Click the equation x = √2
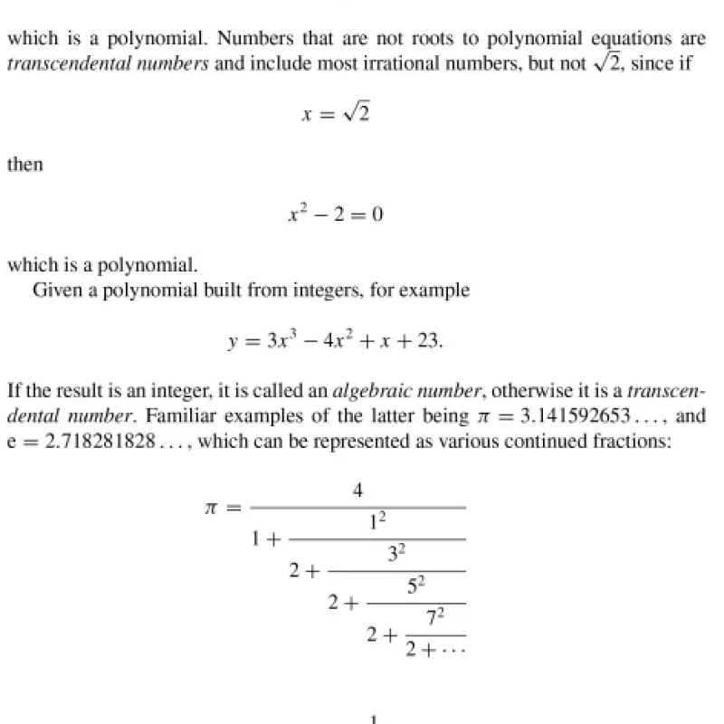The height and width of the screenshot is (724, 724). pyautogui.click(x=336, y=114)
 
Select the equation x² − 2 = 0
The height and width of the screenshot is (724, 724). pyautogui.click(x=335, y=216)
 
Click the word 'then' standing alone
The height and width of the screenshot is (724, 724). pyautogui.click(x=24, y=166)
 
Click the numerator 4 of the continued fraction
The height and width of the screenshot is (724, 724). pyautogui.click(x=358, y=491)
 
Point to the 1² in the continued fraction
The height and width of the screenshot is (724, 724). pyautogui.click(x=377, y=522)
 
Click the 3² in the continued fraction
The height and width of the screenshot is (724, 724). pyautogui.click(x=397, y=554)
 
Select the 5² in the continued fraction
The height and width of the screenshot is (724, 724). pyautogui.click(x=416, y=586)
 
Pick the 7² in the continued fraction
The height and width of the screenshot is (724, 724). pyautogui.click(x=435, y=618)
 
